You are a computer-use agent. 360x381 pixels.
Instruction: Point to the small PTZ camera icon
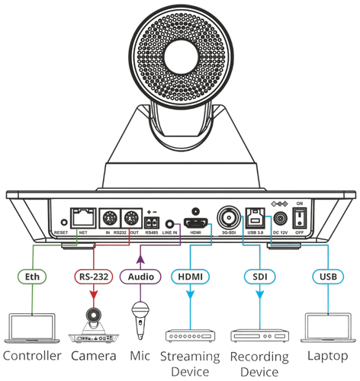(93, 324)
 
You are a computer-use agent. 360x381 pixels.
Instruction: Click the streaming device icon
(188, 335)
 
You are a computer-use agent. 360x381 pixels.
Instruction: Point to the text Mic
(139, 356)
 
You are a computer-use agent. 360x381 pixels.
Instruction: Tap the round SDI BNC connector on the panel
(227, 216)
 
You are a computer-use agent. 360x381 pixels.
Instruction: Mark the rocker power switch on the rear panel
(301, 217)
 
